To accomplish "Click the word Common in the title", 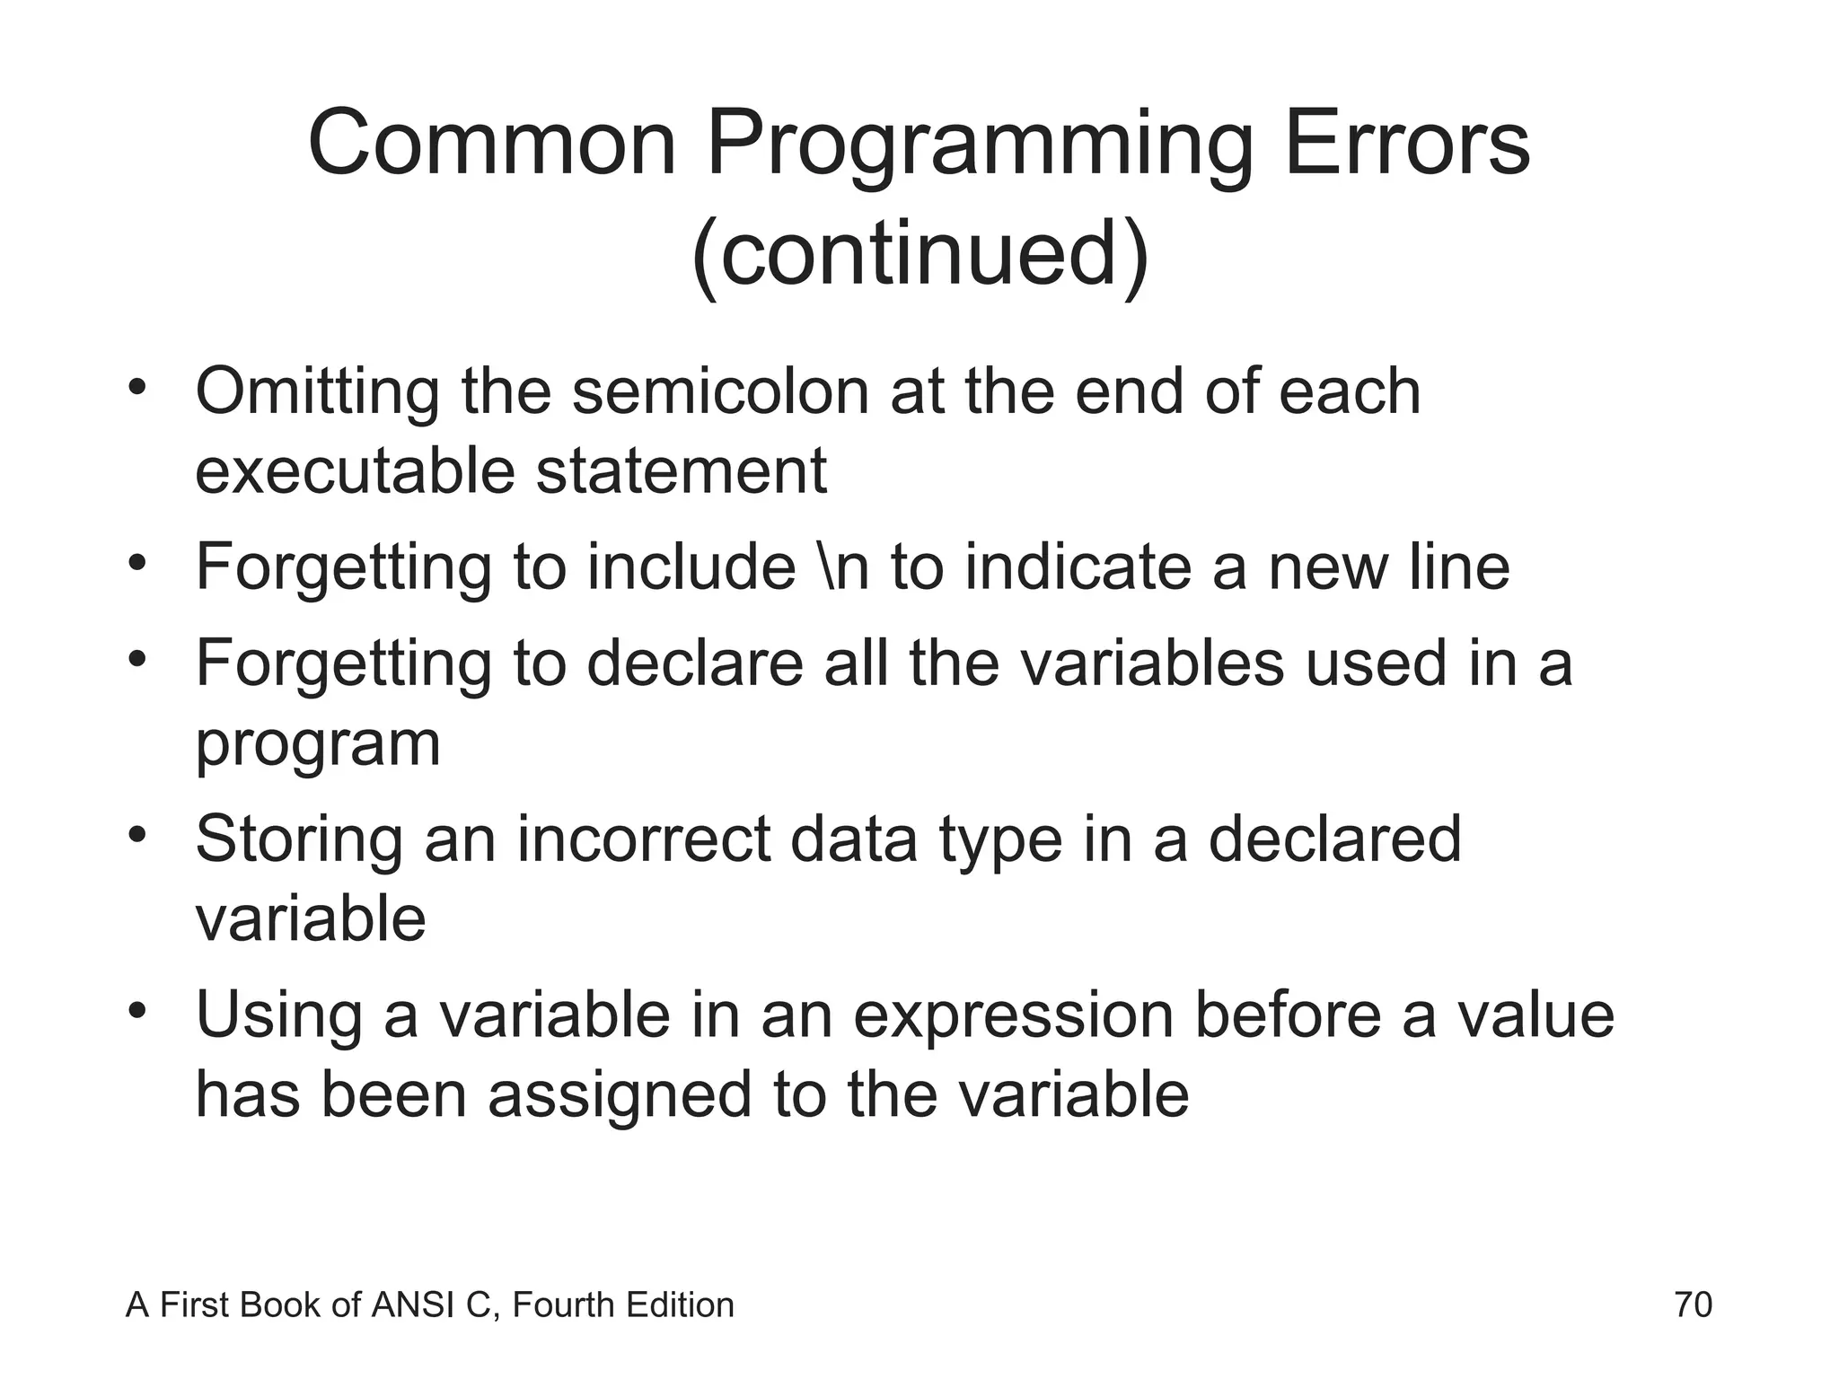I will (491, 144).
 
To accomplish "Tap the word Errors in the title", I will (1407, 144).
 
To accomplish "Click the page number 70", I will (1693, 1304).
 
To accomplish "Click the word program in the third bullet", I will (318, 745).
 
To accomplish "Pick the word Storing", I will (299, 839).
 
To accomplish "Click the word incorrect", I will (644, 839).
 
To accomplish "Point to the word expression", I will (1013, 1016).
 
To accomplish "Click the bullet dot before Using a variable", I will (136, 1013).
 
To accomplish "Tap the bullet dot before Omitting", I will (136, 389).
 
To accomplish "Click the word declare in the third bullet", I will (695, 663).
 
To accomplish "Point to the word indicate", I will (1078, 567).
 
